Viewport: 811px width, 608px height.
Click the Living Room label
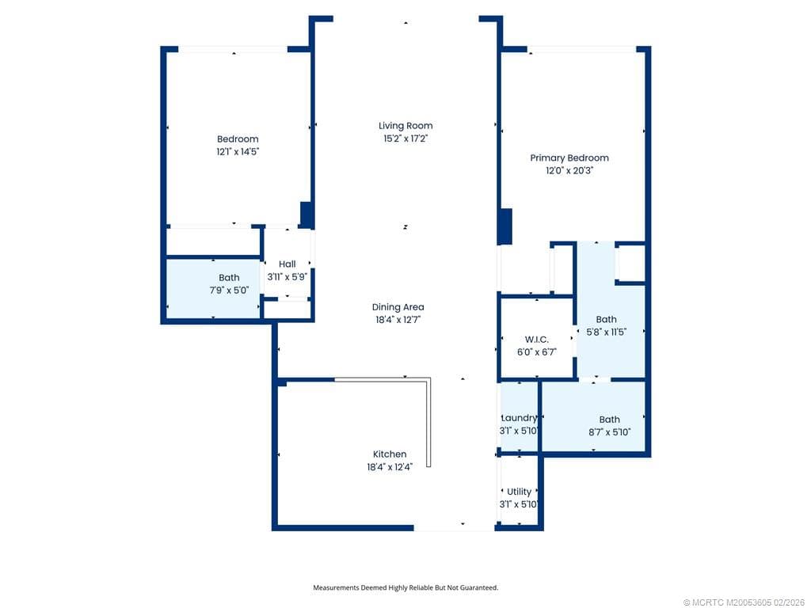pos(405,126)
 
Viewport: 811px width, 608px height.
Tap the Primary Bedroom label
pos(569,158)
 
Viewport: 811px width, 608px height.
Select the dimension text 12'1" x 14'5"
pos(238,151)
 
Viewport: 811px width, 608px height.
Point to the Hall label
pos(287,264)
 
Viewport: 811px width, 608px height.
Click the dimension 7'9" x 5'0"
pos(229,290)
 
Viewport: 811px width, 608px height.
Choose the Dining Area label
pos(398,307)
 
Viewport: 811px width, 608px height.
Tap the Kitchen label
pos(390,454)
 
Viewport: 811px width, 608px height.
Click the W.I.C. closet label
pos(536,340)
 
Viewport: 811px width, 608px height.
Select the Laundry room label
pos(520,418)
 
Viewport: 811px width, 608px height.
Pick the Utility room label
pos(520,492)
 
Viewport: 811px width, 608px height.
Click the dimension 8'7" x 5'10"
pos(609,432)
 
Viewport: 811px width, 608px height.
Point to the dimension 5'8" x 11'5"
pos(606,332)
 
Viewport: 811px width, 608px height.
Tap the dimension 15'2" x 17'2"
pos(405,139)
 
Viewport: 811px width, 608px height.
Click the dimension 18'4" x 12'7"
pos(398,320)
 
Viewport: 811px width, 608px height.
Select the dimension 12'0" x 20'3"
pos(569,170)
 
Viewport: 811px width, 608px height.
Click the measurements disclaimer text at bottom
pos(405,587)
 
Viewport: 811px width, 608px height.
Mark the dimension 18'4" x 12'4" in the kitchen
pos(390,467)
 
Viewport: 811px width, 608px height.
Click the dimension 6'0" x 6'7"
pos(536,352)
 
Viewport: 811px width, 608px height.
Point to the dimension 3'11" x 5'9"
pos(287,277)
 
